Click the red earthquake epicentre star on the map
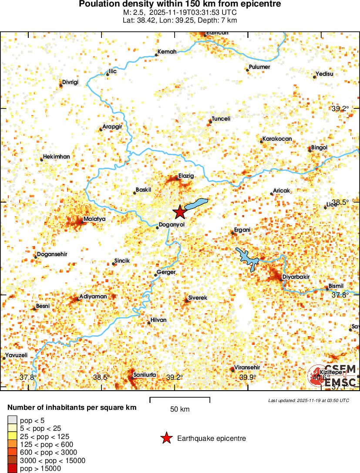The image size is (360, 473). coord(179,212)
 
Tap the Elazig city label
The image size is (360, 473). coord(186,176)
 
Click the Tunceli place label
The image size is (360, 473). coord(221,119)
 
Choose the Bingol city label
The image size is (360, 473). coord(319,148)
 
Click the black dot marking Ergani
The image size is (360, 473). coord(233,233)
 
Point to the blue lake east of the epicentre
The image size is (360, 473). coord(196,203)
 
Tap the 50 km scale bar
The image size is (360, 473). coord(180,399)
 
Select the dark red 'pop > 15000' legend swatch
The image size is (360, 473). coord(12,469)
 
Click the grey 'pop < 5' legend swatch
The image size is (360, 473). coord(12,420)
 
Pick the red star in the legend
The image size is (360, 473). coord(166,439)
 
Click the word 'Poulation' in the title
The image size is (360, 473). coord(100,4)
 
